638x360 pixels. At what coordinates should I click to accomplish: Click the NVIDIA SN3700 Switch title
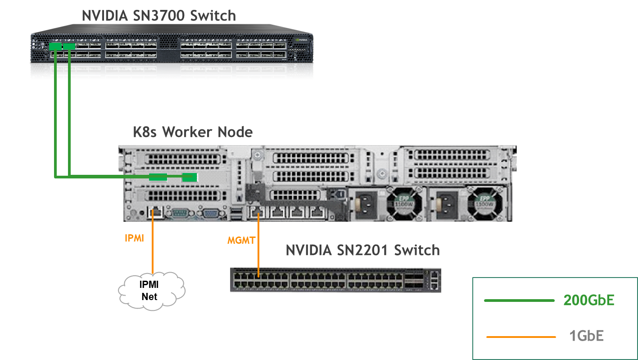click(x=158, y=15)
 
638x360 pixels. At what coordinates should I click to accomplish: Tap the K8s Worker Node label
click(x=193, y=132)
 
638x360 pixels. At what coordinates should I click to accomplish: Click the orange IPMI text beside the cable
click(x=134, y=238)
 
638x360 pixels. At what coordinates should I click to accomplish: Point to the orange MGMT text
click(x=241, y=241)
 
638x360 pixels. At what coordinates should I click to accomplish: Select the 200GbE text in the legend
click(x=588, y=301)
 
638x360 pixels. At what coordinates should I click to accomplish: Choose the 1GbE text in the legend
click(x=586, y=336)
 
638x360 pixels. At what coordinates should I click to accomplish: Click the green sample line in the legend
click(x=519, y=301)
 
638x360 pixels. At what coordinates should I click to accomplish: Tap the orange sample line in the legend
click(x=521, y=337)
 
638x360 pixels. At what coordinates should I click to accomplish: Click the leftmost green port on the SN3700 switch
click(x=55, y=46)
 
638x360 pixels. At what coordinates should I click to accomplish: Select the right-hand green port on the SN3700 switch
click(x=69, y=46)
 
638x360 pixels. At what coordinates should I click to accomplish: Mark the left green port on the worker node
click(x=158, y=177)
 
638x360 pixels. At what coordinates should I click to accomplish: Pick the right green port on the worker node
click(x=190, y=177)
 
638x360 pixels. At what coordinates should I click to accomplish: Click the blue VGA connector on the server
click(x=211, y=213)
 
